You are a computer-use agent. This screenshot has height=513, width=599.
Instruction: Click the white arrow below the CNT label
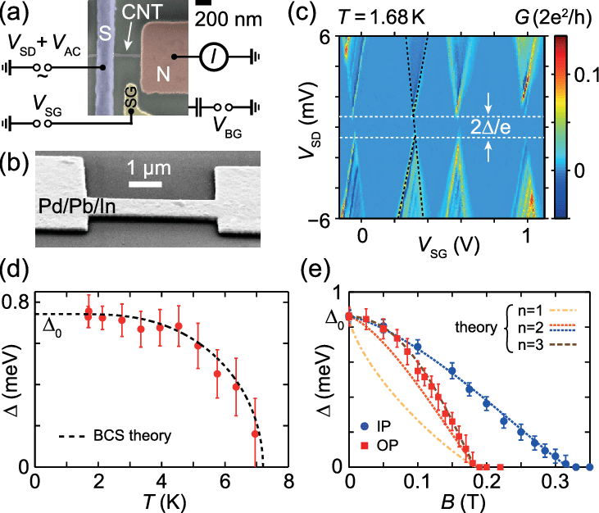click(129, 38)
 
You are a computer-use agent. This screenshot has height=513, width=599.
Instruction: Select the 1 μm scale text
click(148, 168)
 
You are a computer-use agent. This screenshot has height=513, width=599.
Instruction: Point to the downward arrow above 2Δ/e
click(488, 102)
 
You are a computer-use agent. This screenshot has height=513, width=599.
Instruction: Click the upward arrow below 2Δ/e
click(488, 152)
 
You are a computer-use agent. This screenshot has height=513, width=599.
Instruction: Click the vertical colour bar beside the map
click(560, 127)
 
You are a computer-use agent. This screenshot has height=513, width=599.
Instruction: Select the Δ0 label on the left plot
click(52, 332)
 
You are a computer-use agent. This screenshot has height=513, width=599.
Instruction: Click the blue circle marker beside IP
click(365, 426)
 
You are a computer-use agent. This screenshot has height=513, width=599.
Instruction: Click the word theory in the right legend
click(475, 328)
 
